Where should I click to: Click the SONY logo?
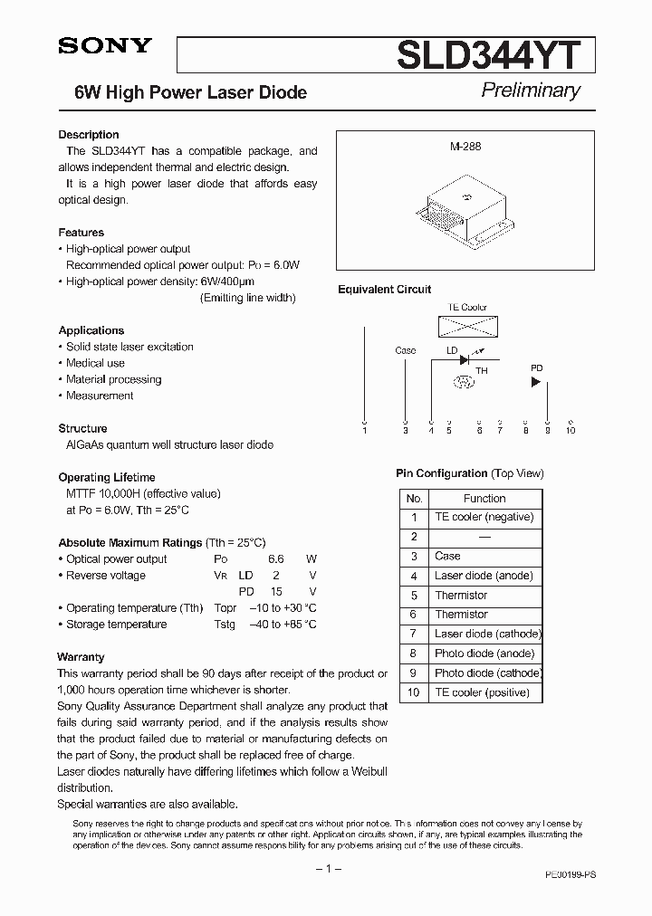tap(105, 48)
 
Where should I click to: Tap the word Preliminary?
tap(530, 90)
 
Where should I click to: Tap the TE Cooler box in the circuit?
tap(468, 325)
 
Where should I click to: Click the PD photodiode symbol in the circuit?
tap(536, 382)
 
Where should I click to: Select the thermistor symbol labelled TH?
tap(465, 382)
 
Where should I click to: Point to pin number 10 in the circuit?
tap(570, 430)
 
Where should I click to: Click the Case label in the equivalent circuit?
tap(406, 350)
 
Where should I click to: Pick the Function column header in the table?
tap(484, 498)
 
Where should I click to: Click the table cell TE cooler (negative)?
tap(484, 517)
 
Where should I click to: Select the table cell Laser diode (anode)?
tap(484, 576)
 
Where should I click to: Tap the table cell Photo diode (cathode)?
tap(487, 673)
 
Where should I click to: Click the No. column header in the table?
tap(414, 498)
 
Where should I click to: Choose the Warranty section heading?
tap(81, 657)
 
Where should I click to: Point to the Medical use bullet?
tap(95, 363)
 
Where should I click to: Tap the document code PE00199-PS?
tap(570, 876)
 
